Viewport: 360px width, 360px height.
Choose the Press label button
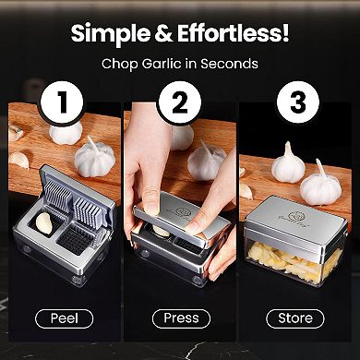(x=181, y=318)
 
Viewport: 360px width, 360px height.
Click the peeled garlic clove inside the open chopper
(x=44, y=222)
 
